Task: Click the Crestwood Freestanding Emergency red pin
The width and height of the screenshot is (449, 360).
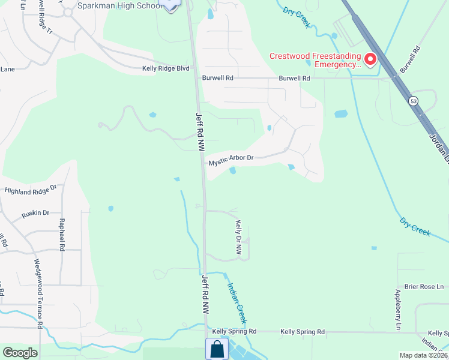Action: point(370,59)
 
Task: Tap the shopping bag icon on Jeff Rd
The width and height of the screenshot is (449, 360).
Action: point(216,349)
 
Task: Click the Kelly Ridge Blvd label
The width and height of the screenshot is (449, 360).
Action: point(166,69)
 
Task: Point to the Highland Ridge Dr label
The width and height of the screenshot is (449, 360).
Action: point(30,190)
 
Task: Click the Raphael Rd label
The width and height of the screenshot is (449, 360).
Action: point(61,233)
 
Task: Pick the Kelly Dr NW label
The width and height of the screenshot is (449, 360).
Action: point(238,238)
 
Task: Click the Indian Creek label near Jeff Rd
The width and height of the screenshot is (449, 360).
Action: point(237,302)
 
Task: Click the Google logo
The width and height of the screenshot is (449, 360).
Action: point(20,353)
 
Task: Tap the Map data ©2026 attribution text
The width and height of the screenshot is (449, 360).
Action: point(423,355)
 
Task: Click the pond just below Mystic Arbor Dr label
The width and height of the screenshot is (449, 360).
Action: point(232,171)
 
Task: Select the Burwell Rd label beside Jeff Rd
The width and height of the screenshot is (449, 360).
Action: point(217,78)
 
